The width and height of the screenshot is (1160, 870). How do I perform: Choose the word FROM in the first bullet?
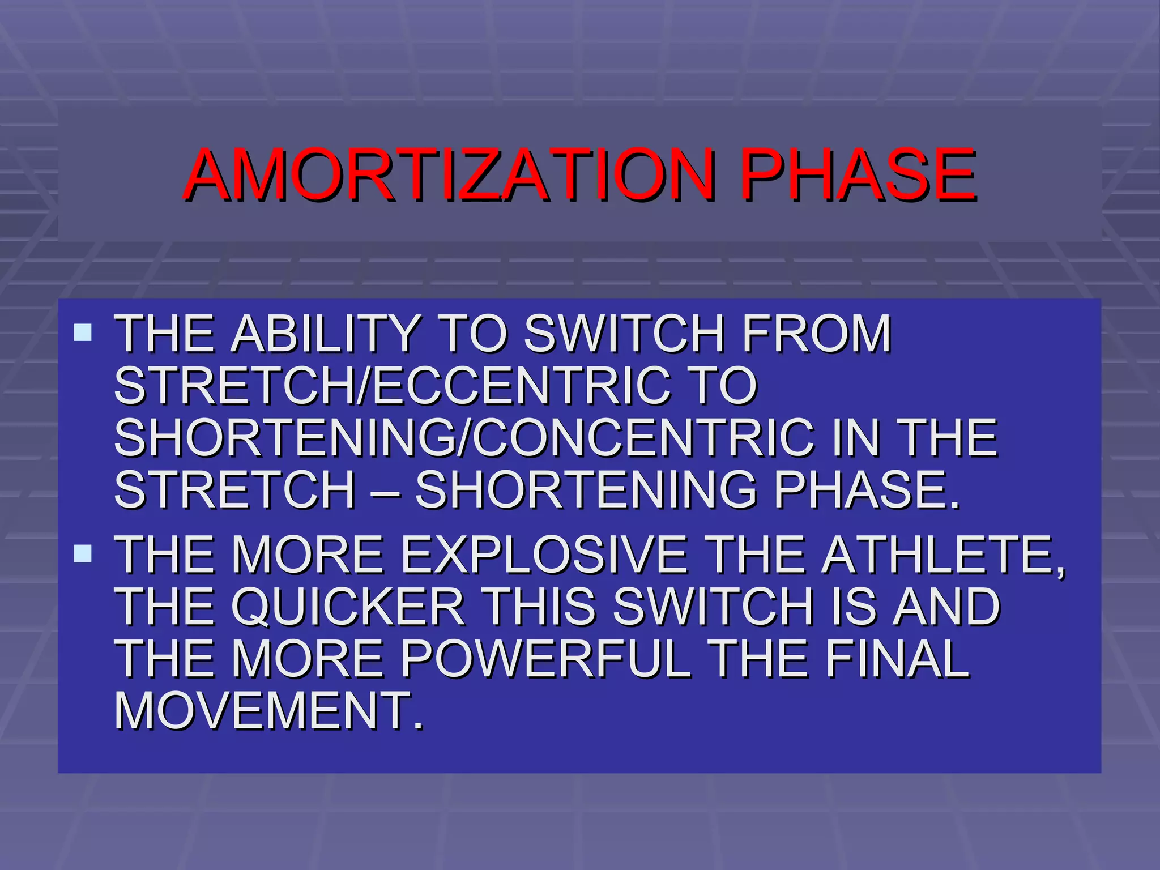point(816,334)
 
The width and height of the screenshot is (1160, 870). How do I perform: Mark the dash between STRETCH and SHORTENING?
point(385,491)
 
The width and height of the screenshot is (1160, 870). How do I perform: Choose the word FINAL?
point(897,659)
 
